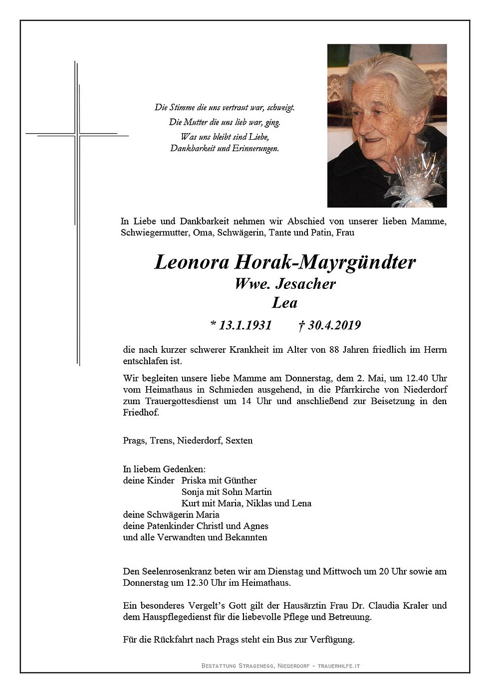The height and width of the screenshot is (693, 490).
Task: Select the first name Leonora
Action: tap(182, 262)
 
